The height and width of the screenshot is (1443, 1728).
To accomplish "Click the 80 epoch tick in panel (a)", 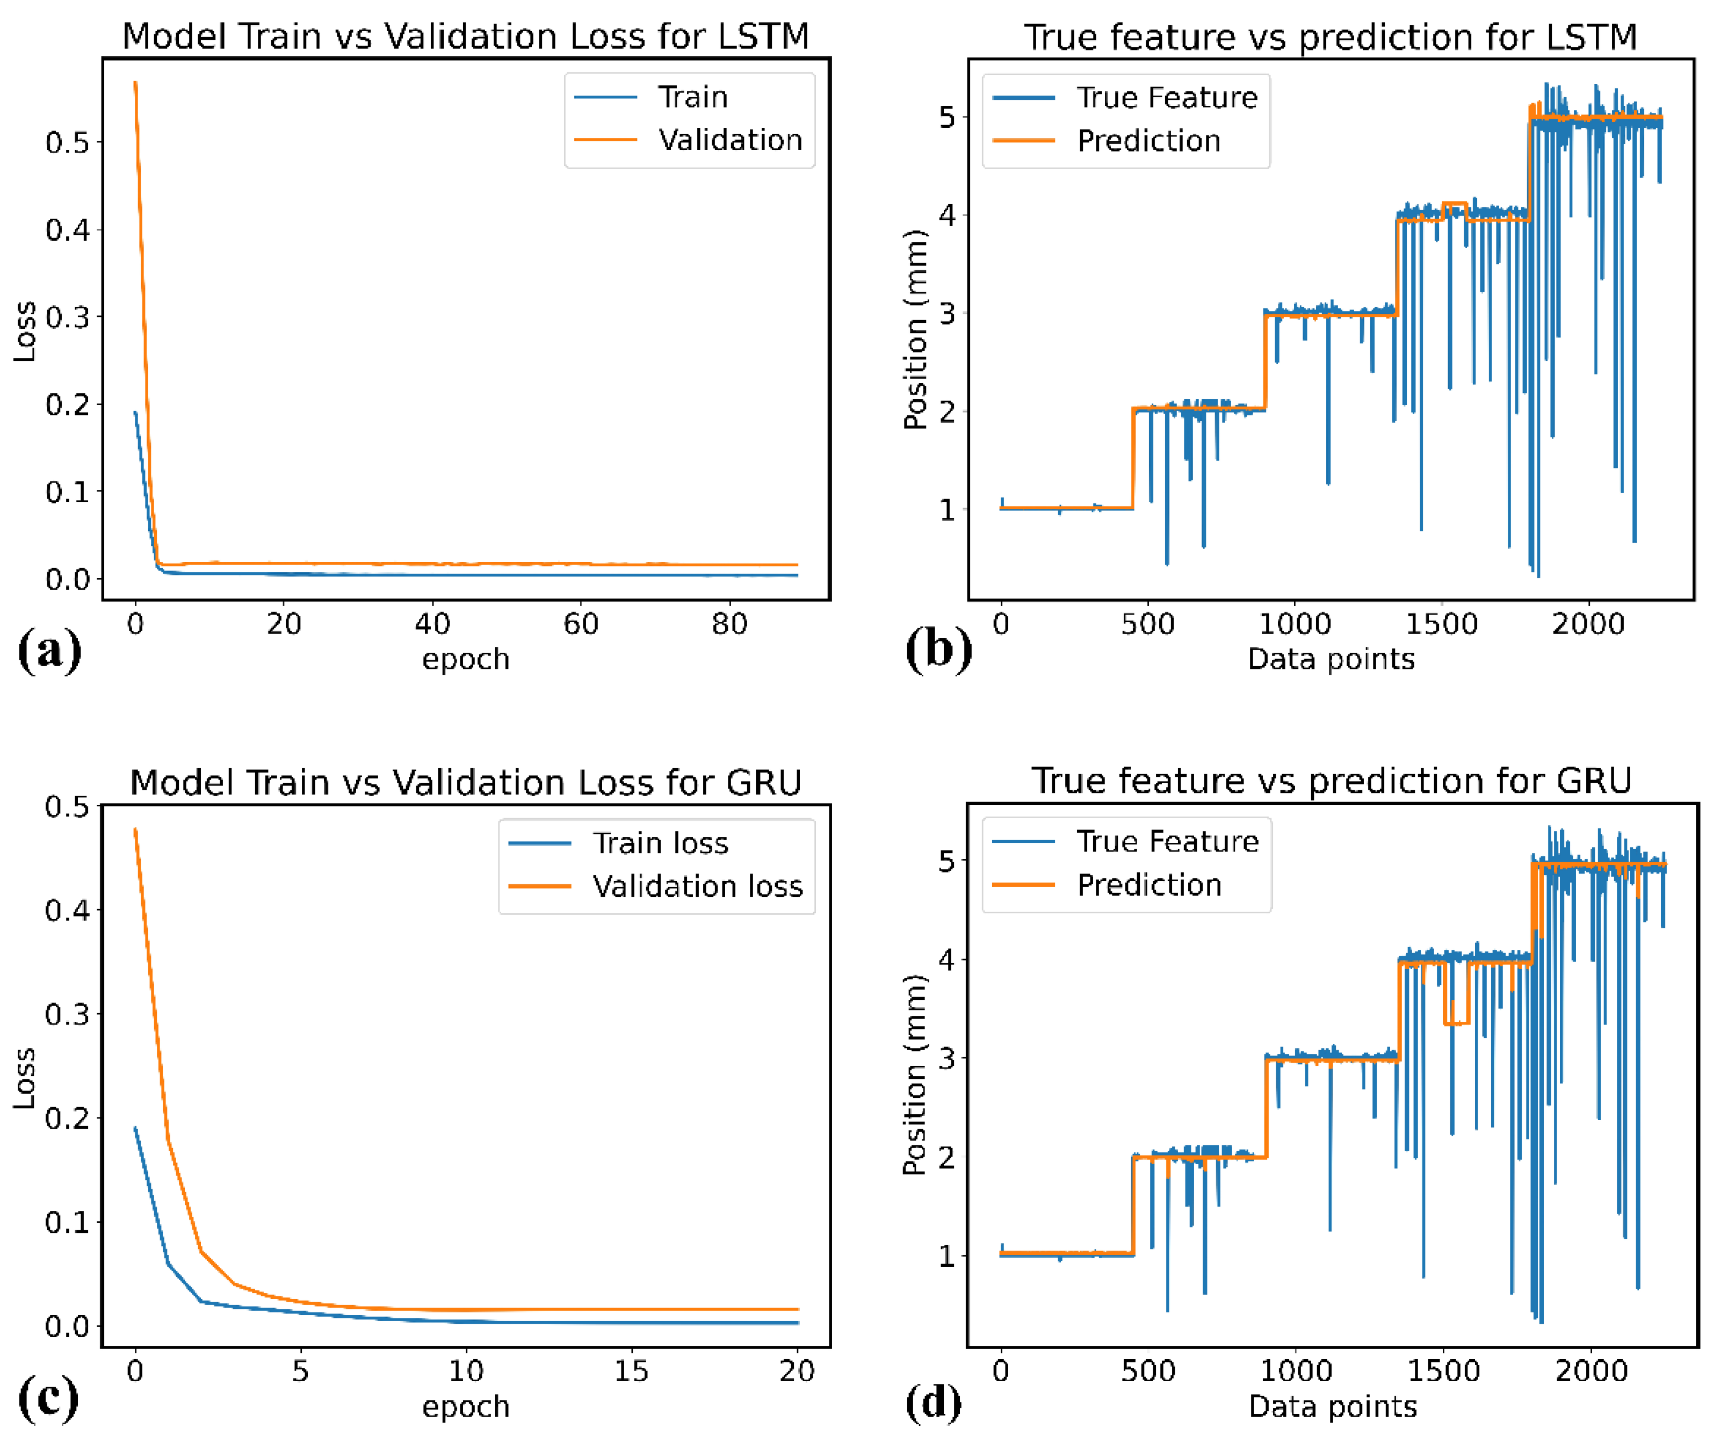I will pyautogui.click(x=729, y=624).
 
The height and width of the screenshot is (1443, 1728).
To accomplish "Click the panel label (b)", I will pyautogui.click(x=938, y=650).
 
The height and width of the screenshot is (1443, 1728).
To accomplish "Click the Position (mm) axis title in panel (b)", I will pyautogui.click(x=915, y=329).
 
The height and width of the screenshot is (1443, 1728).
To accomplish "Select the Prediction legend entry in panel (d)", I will pyautogui.click(x=1149, y=885).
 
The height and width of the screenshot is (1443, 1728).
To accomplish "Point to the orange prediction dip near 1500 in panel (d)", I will pyautogui.click(x=1456, y=1022).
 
